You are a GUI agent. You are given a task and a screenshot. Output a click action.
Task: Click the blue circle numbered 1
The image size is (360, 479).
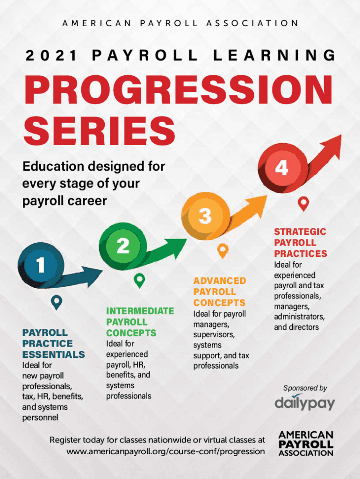click(41, 265)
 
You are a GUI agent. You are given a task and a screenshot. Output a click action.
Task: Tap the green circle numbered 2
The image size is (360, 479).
click(123, 246)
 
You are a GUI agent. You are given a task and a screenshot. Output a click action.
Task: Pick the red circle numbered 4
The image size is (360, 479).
click(282, 168)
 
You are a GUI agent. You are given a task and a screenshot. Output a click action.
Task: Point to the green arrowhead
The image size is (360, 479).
click(176, 247)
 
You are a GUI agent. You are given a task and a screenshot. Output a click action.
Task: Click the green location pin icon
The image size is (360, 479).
click(139, 281)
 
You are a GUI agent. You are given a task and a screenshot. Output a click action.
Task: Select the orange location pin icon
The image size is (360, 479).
click(223, 251)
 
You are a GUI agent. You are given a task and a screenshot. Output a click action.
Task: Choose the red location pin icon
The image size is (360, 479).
click(303, 204)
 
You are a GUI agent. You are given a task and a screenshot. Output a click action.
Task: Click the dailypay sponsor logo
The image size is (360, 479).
click(305, 403)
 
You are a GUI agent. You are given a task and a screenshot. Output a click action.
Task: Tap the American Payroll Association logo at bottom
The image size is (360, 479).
click(306, 443)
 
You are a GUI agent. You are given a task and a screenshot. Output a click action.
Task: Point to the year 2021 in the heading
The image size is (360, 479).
click(51, 56)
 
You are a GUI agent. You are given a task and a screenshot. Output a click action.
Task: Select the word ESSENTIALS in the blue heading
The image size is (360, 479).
click(54, 355)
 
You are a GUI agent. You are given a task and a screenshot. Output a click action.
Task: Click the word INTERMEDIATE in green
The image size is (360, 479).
click(140, 311)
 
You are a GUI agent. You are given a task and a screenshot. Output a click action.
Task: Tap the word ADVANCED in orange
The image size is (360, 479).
click(220, 281)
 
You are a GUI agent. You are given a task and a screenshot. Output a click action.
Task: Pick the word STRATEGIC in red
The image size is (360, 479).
click(300, 232)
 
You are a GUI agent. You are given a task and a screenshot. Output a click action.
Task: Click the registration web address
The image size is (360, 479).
click(166, 451)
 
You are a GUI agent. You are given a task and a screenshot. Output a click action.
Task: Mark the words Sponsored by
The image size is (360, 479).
click(305, 388)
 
